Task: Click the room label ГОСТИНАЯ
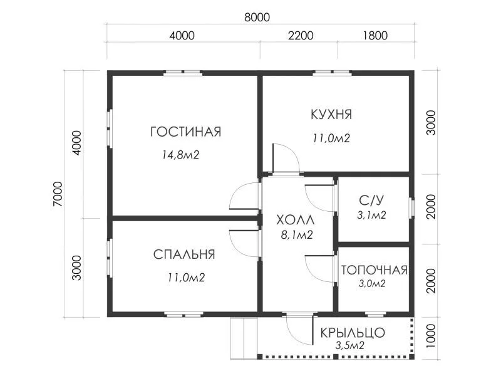(x=185, y=132)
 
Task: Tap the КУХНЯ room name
(x=331, y=115)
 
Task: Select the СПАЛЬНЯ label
(x=184, y=254)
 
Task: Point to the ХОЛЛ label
(x=296, y=221)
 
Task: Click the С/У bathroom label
(x=371, y=201)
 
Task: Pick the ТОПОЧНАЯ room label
(x=374, y=270)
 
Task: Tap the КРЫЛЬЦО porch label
(x=353, y=333)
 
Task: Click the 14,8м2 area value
(x=180, y=155)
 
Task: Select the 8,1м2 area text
(x=297, y=236)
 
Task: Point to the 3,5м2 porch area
(x=350, y=345)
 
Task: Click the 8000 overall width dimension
(x=257, y=18)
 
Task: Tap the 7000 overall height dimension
(x=58, y=194)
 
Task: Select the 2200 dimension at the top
(x=301, y=35)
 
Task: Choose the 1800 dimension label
(x=375, y=35)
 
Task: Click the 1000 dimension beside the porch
(x=431, y=336)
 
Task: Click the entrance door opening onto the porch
(x=299, y=330)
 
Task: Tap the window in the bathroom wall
(x=412, y=209)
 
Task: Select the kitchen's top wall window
(x=332, y=73)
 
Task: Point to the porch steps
(x=244, y=338)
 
